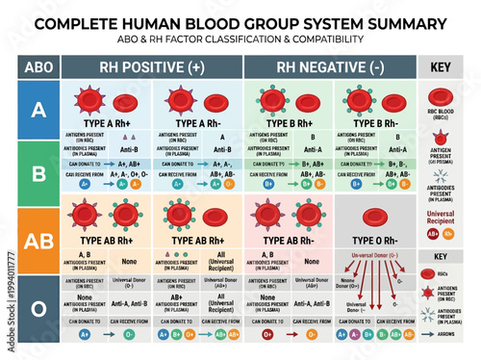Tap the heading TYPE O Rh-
point(374,240)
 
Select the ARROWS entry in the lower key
point(456,335)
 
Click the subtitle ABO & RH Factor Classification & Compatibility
point(240,39)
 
